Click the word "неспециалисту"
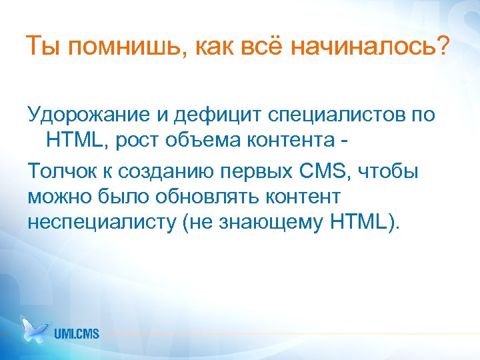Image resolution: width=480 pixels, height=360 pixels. pos(101,222)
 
